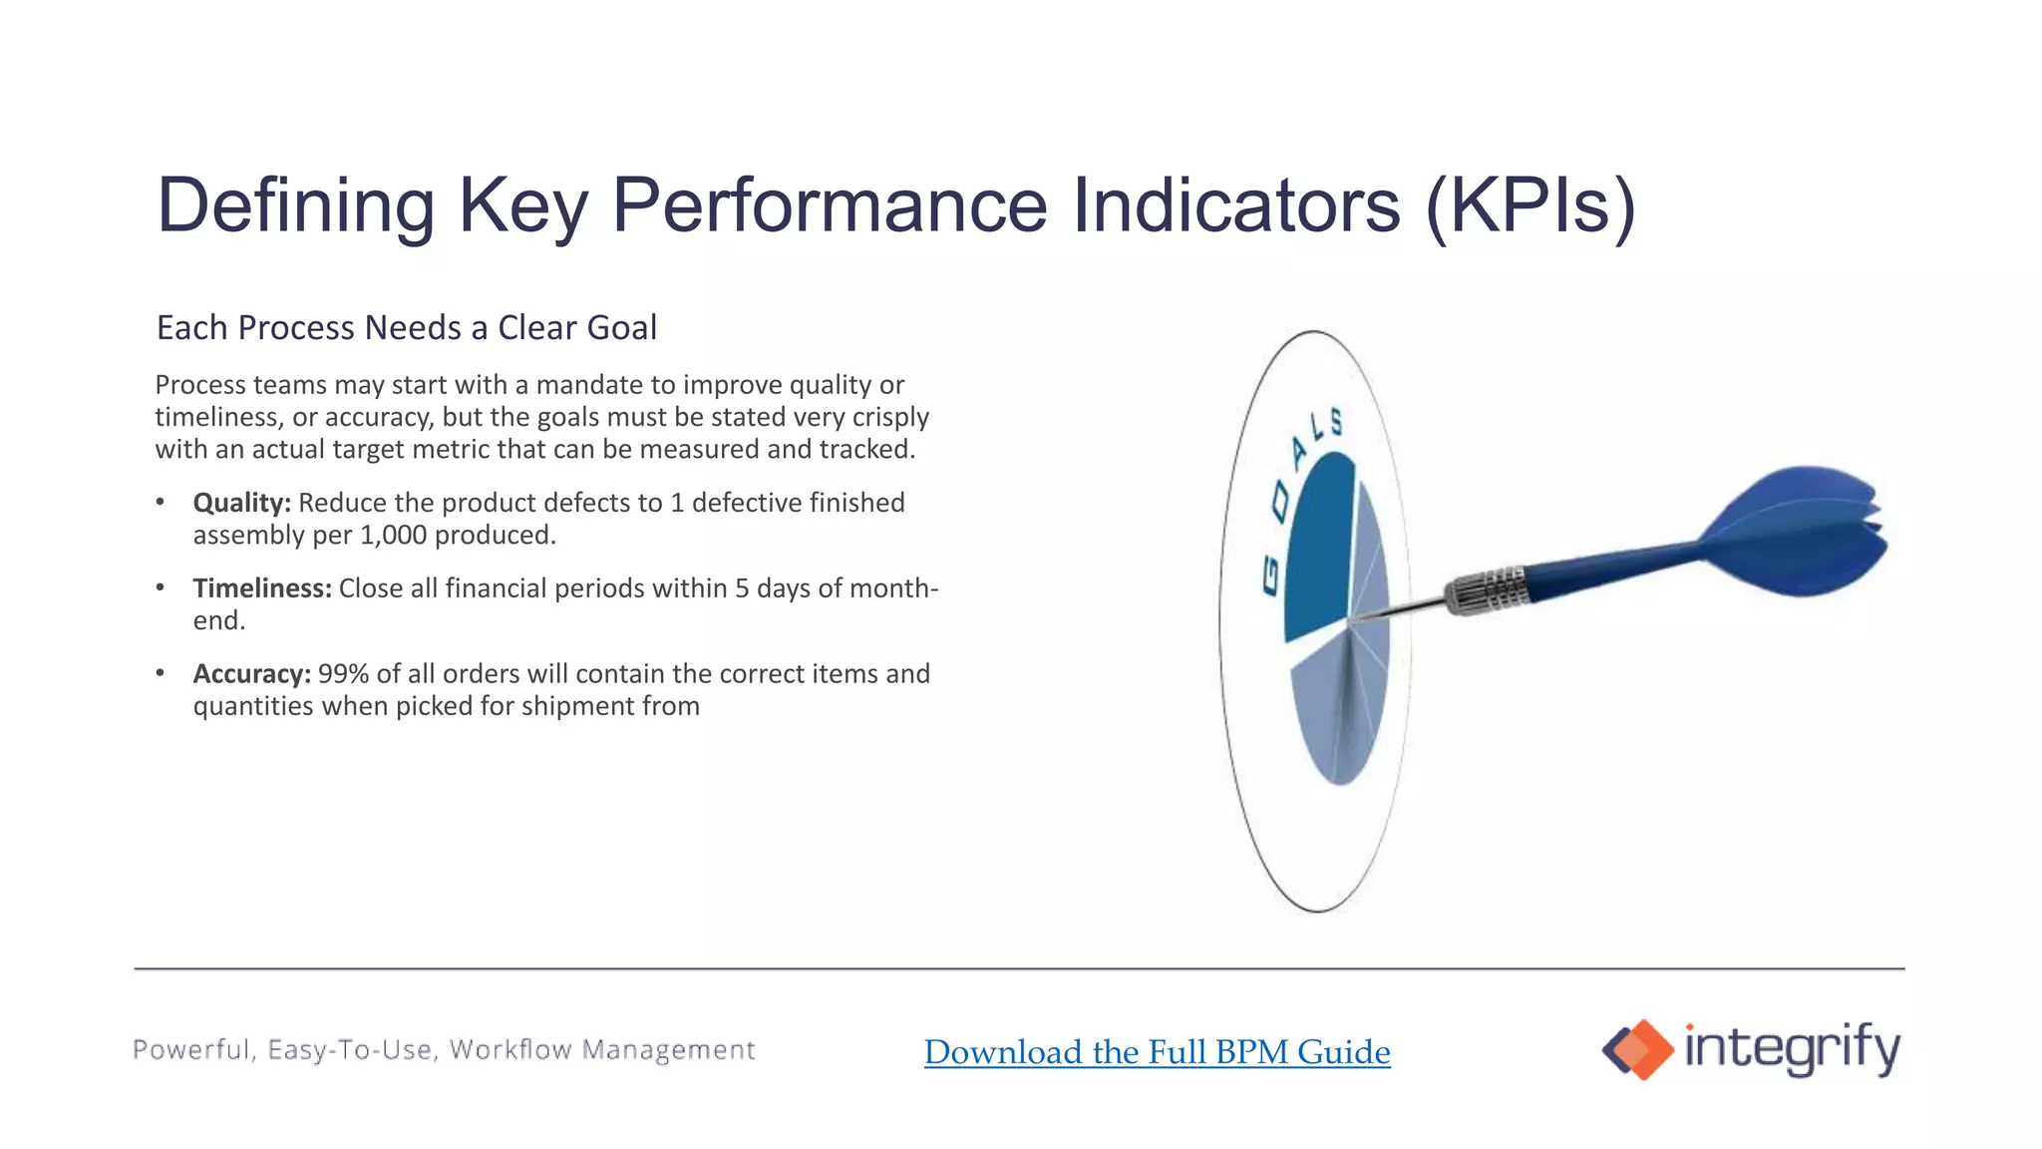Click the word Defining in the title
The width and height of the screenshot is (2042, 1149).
295,206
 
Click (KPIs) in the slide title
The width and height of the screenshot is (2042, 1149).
1530,206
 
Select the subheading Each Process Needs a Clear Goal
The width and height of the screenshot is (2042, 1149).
407,328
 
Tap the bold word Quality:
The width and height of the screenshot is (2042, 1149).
241,503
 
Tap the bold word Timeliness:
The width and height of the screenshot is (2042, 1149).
261,588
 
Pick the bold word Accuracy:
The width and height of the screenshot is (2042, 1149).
251,674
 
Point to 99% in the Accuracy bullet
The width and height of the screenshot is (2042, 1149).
343,674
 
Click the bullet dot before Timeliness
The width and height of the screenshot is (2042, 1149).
161,587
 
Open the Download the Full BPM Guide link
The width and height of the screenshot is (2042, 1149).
1157,1052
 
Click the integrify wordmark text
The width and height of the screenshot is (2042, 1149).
1792,1048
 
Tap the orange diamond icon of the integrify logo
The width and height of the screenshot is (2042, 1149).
1646,1049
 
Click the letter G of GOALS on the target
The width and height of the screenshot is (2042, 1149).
1269,577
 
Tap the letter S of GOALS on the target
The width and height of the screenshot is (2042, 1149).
1336,422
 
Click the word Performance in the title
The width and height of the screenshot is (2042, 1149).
830,206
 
